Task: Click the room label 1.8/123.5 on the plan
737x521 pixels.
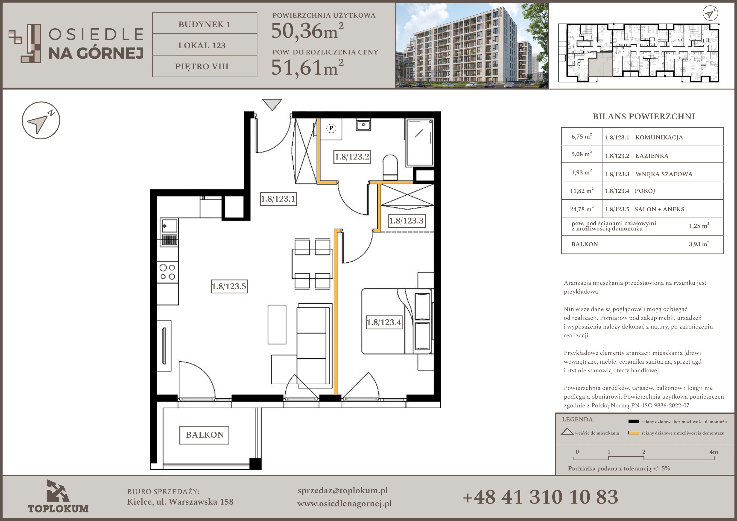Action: (x=229, y=286)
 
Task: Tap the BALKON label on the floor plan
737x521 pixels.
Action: (x=205, y=435)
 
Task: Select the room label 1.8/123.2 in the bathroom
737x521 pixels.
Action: (x=352, y=157)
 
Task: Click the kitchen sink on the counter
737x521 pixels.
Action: (x=169, y=226)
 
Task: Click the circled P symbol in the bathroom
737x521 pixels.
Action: (x=331, y=129)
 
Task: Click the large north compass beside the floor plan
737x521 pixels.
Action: (x=41, y=121)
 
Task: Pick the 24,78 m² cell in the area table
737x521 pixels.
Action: (x=581, y=209)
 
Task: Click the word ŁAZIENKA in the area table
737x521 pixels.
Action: (x=652, y=156)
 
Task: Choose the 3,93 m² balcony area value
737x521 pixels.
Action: (x=699, y=244)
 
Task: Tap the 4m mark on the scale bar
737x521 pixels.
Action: (x=714, y=452)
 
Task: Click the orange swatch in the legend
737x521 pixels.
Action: (x=634, y=433)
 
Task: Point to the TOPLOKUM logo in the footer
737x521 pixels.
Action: (x=58, y=496)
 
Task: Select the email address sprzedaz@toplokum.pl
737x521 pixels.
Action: (x=342, y=491)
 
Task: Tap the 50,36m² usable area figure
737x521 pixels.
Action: (x=307, y=31)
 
